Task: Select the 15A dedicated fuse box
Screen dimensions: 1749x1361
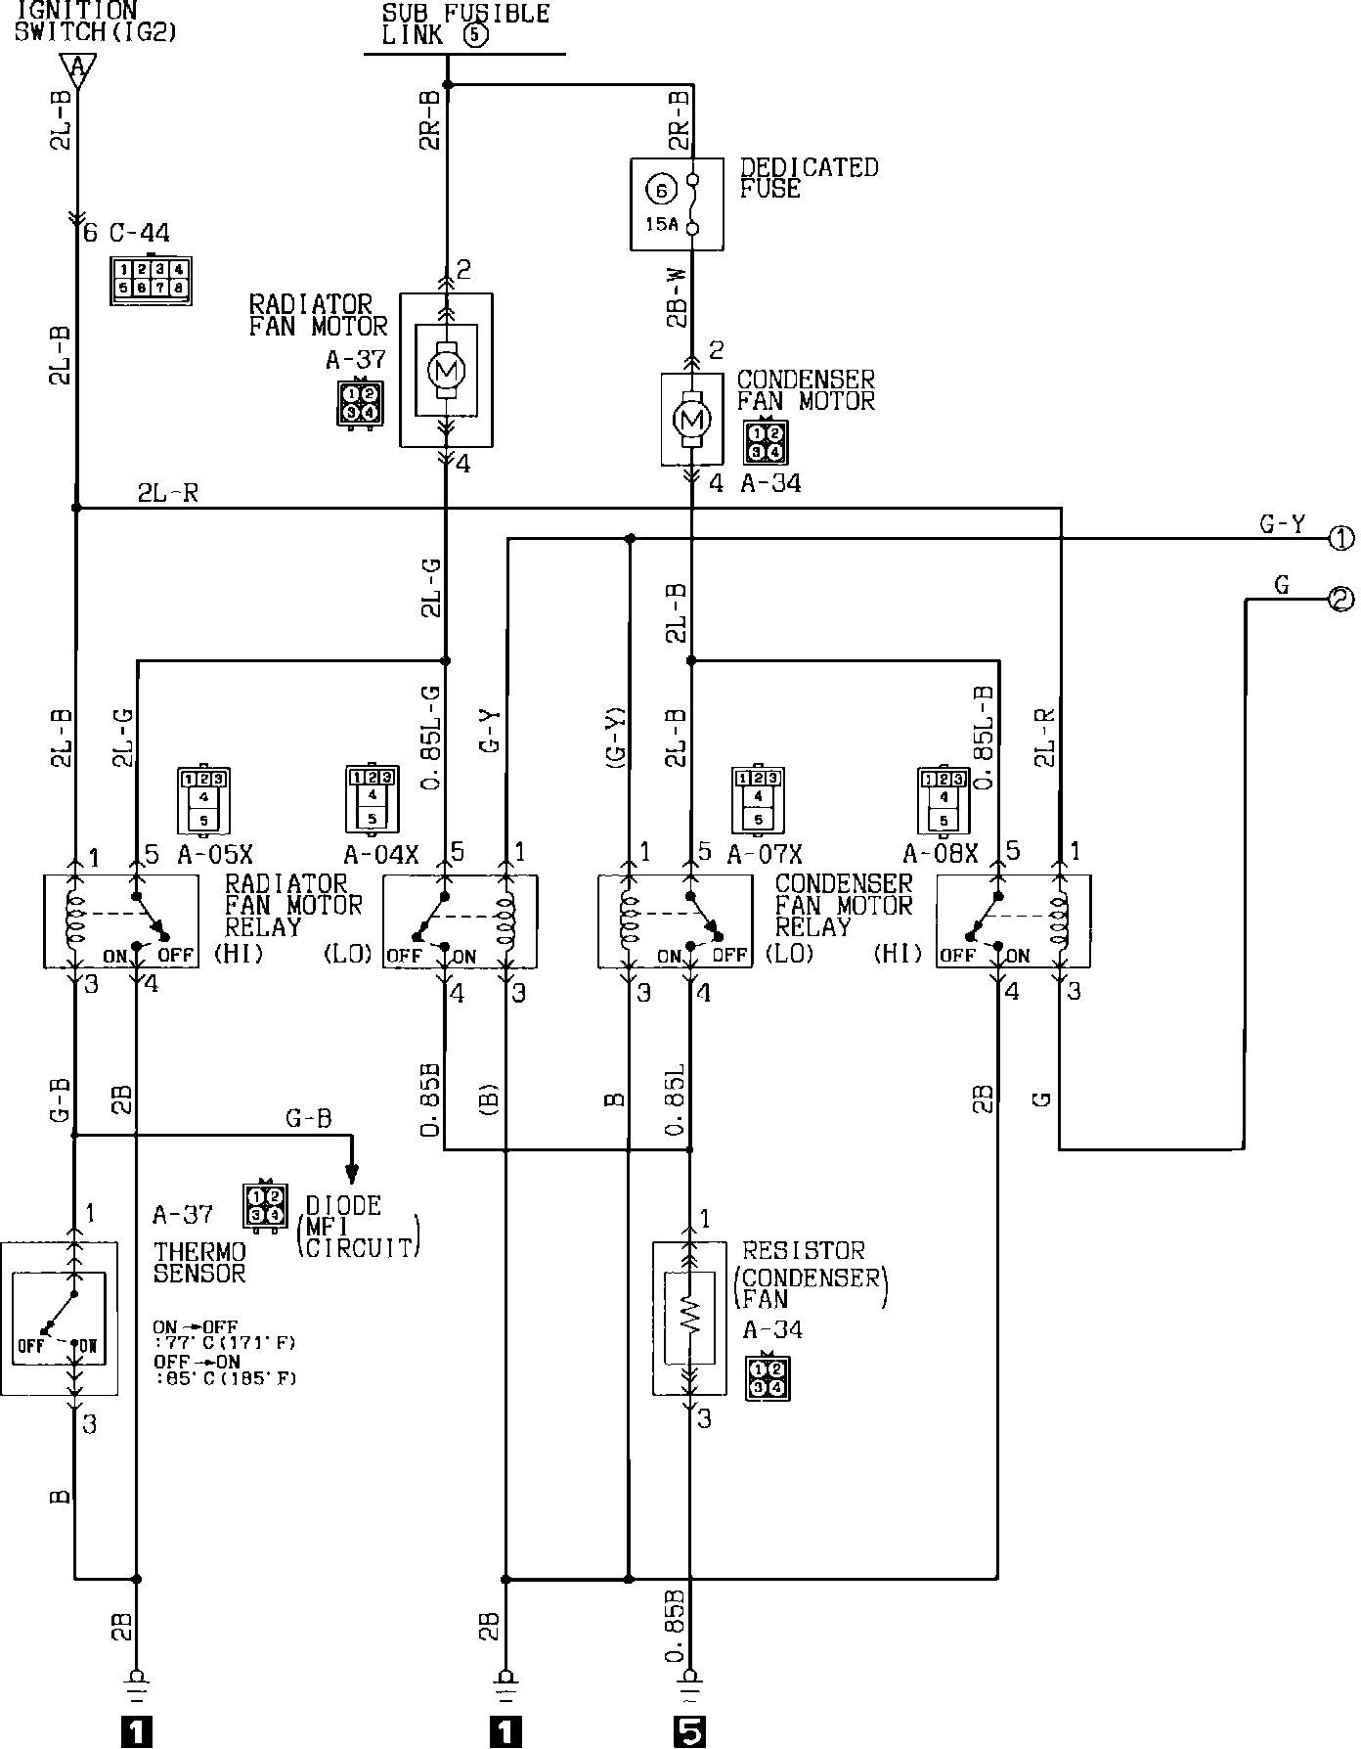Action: click(x=677, y=202)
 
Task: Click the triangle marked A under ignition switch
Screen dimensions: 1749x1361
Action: click(x=76, y=68)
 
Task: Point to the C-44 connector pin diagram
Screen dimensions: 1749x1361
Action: click(x=151, y=278)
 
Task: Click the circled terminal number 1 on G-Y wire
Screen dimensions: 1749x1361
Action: click(x=1340, y=537)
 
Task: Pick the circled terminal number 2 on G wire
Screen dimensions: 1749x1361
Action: click(x=1340, y=599)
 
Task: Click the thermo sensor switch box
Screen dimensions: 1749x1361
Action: click(x=59, y=1318)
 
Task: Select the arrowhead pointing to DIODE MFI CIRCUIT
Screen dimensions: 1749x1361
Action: click(x=352, y=1173)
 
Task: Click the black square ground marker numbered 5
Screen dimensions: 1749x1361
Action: click(x=690, y=1732)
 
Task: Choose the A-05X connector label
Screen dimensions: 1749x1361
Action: click(x=215, y=854)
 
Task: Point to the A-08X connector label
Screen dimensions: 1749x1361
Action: click(x=940, y=854)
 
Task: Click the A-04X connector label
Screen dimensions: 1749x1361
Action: click(x=381, y=854)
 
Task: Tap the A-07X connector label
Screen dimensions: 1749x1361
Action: click(x=764, y=854)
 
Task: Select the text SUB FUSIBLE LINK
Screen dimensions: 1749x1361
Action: click(x=464, y=25)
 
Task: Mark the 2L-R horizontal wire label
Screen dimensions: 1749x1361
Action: click(x=168, y=494)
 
